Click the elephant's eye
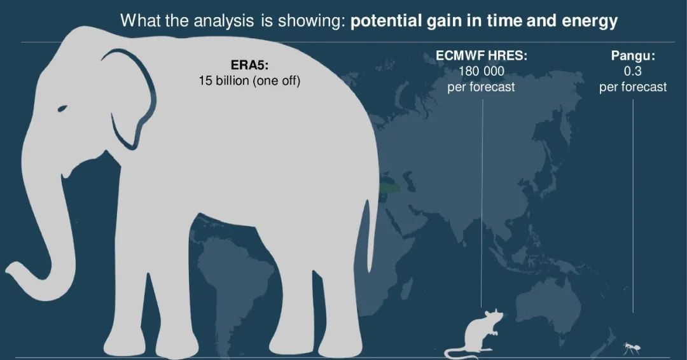[x=62, y=108]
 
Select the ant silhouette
[x=632, y=348]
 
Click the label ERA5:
[x=249, y=66]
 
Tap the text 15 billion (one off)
[x=249, y=81]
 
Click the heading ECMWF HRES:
[x=481, y=55]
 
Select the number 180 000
[x=481, y=71]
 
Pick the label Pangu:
[x=633, y=55]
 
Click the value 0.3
[x=633, y=71]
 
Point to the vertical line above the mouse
[x=482, y=203]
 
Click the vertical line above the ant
[x=633, y=206]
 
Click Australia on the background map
[x=548, y=302]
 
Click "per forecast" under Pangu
[x=633, y=87]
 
